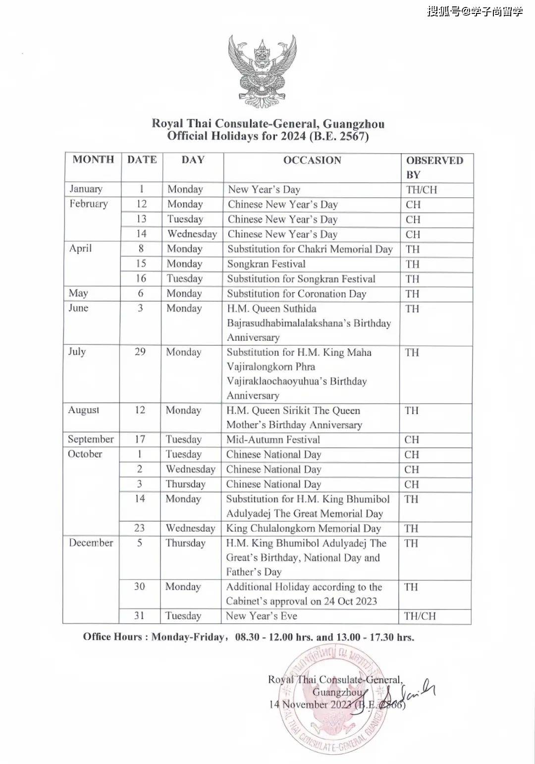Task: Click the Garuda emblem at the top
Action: (262, 70)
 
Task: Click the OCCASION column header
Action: (312, 160)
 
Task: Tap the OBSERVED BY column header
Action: (434, 167)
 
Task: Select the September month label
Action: (91, 439)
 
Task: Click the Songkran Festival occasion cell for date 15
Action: (266, 264)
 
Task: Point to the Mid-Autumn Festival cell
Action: (273, 439)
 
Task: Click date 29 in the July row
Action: (140, 352)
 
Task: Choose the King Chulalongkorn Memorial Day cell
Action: (303, 528)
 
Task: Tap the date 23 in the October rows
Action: (140, 528)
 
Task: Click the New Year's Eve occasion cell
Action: (262, 616)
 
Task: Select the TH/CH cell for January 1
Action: (422, 189)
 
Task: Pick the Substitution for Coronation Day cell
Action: (296, 293)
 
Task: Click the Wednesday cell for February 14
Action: (192, 234)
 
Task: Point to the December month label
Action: (91, 543)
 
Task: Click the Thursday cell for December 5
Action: (185, 543)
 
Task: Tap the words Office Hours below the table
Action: (113, 637)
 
